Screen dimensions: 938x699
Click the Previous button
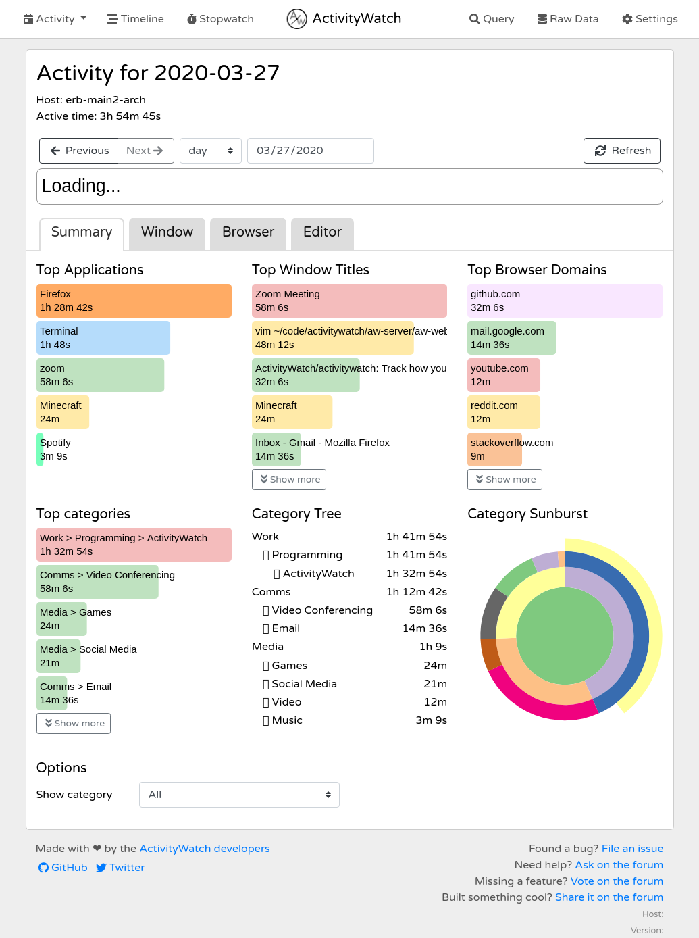79,151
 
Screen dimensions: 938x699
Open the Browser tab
248,232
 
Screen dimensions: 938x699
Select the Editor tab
322,232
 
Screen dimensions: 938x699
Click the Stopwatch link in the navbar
220,19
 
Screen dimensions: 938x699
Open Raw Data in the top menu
567,19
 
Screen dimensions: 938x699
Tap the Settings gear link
650,19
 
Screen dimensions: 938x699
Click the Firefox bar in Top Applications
134,301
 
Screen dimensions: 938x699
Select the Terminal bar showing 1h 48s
103,338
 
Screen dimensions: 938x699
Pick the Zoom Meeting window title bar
348,301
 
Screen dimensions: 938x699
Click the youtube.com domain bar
503,375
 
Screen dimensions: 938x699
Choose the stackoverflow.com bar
494,449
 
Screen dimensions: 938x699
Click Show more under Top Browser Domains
504,479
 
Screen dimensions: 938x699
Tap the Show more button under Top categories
74,723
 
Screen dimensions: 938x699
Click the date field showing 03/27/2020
310,151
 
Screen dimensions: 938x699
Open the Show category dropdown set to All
239,795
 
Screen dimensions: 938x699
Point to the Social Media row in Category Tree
304,684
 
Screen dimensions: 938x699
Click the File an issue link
632,849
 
